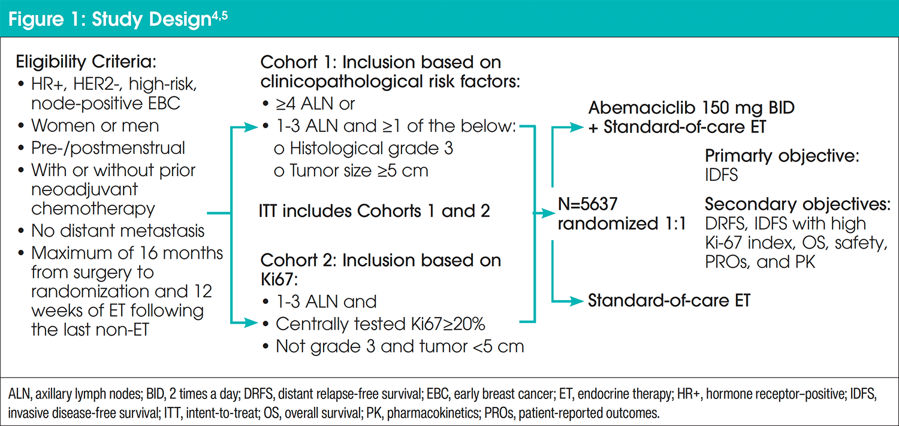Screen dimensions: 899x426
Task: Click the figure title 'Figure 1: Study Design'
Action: (x=110, y=19)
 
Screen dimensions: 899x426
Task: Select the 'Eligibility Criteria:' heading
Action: (x=86, y=62)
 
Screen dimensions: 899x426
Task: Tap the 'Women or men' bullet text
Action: (x=95, y=126)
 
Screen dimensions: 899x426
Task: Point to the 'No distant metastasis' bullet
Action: (x=117, y=231)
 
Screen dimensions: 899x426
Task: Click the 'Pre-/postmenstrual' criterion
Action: (x=108, y=148)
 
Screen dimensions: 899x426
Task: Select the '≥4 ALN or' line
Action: (x=315, y=104)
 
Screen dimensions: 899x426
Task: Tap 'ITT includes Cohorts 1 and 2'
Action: (x=374, y=211)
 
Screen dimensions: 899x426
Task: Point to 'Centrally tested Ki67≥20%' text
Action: (x=380, y=324)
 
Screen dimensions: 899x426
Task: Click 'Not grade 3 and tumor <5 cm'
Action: (x=400, y=346)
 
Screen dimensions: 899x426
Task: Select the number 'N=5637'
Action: (x=587, y=204)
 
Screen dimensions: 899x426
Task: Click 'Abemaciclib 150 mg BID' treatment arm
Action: (x=691, y=107)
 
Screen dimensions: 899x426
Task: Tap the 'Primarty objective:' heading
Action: (x=782, y=156)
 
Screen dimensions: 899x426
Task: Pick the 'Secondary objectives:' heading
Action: (x=798, y=204)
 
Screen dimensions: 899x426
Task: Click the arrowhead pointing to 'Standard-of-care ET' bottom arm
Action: (x=577, y=300)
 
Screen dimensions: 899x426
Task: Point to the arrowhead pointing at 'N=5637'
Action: (x=549, y=213)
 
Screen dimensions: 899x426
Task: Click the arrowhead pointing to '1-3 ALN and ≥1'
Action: (x=251, y=128)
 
